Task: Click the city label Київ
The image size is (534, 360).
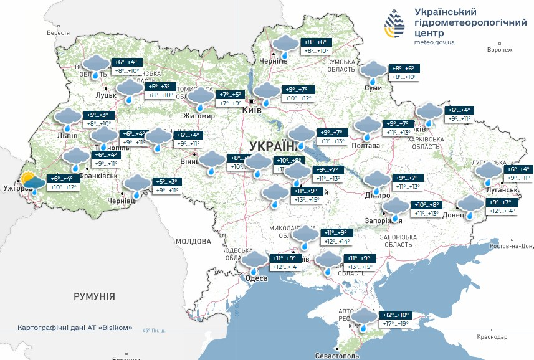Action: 252,110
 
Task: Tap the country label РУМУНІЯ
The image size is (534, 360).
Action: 94,296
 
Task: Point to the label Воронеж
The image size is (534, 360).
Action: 499,50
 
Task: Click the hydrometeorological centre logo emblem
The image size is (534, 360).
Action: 394,24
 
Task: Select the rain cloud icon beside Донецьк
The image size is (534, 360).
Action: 469,205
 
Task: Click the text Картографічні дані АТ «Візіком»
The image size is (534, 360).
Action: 74,328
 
